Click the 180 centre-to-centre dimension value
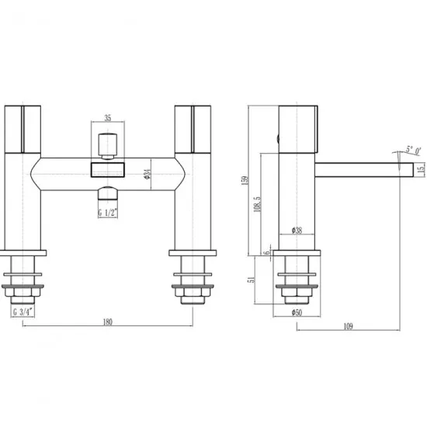click(x=108, y=320)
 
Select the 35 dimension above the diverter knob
click(x=107, y=119)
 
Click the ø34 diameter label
click(x=146, y=175)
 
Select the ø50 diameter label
click(x=297, y=312)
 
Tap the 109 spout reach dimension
click(x=348, y=325)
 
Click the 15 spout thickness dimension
click(x=420, y=168)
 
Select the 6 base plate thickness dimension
click(x=266, y=252)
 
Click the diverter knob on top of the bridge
click(x=107, y=144)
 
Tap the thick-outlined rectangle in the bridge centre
click(x=107, y=168)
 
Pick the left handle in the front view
click(x=25, y=128)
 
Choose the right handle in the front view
click(x=191, y=128)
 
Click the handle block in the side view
click(x=298, y=127)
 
